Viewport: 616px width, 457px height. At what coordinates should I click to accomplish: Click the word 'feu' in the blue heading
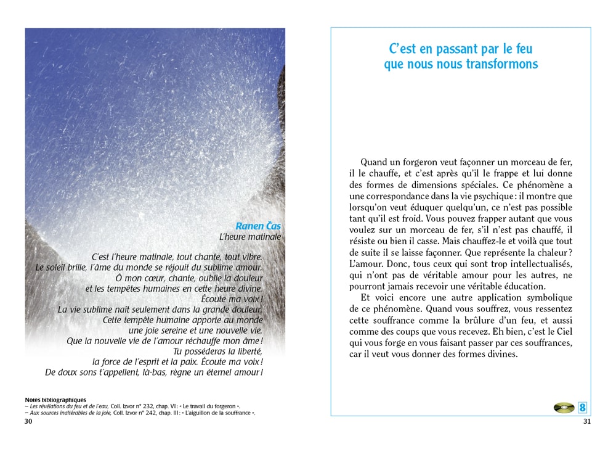(521, 49)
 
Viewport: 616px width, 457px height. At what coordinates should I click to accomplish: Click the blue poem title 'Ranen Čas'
(258, 226)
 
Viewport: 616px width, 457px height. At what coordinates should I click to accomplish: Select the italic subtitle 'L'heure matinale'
(250, 237)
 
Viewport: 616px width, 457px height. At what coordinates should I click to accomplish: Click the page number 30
(28, 421)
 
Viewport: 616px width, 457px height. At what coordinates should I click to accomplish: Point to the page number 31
(586, 421)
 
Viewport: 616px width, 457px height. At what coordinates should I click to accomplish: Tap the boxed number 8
(582, 408)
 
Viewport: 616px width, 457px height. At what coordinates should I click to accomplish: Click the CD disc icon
(564, 408)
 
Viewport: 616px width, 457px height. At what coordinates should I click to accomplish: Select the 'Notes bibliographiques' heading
(55, 400)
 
